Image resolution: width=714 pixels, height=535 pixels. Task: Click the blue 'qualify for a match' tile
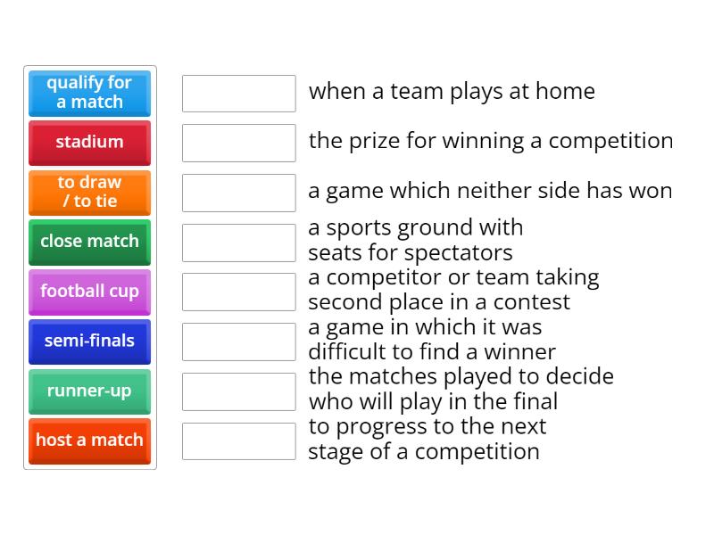click(89, 93)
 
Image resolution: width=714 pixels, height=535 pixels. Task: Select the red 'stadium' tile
click(89, 143)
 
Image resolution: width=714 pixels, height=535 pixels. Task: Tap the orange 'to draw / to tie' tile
click(89, 192)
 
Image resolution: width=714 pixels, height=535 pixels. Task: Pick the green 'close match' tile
click(89, 242)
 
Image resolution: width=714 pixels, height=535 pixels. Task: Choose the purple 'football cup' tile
click(89, 292)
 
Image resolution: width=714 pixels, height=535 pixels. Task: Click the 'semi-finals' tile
click(89, 342)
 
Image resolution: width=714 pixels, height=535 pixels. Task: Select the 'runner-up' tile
click(89, 391)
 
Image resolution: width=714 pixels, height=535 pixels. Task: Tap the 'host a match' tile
click(89, 440)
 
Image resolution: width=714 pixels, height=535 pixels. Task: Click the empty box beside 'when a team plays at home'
click(238, 93)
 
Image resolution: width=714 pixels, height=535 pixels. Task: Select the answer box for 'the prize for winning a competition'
click(238, 143)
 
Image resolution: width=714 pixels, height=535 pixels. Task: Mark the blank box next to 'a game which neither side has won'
click(238, 193)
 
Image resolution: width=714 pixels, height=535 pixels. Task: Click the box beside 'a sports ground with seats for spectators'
click(238, 243)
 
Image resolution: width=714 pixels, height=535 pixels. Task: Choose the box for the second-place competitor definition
click(238, 292)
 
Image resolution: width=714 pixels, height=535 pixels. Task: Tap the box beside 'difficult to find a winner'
click(238, 342)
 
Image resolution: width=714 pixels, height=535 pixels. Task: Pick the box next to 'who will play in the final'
click(238, 391)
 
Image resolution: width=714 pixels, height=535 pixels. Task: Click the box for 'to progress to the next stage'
click(238, 440)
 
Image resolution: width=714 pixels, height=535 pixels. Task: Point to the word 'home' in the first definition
click(567, 91)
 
